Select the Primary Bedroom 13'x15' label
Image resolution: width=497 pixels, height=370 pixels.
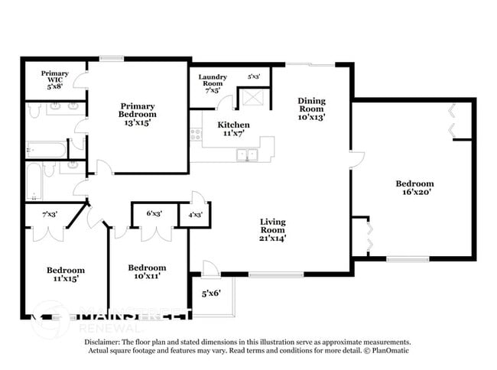[x=138, y=112]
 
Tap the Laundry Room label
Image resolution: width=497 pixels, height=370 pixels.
[x=213, y=83]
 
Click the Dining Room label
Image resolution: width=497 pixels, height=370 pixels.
[x=311, y=108]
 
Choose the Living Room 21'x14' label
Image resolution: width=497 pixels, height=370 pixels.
[x=271, y=229]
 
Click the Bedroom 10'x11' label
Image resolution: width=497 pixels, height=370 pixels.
[x=146, y=272]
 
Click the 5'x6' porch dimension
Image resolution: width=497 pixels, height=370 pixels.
[x=212, y=293]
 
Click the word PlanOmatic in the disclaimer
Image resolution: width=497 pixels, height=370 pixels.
[x=389, y=351]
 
